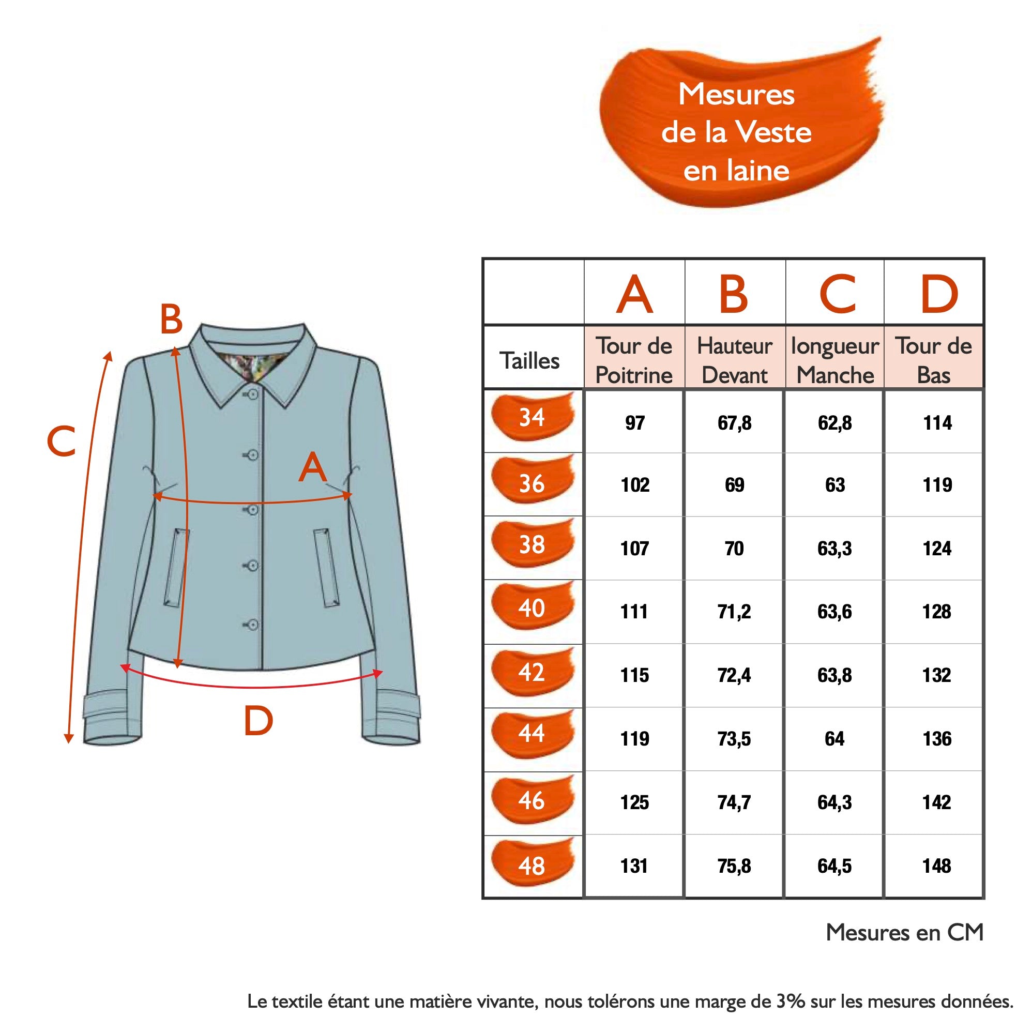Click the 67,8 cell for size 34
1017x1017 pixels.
coord(734,423)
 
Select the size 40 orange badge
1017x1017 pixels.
coord(532,609)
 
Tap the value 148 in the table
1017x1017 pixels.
coord(937,866)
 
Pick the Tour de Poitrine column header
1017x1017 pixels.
coord(634,360)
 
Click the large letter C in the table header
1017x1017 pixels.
coord(838,294)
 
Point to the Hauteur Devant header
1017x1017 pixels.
coord(734,360)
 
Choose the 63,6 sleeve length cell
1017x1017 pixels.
coord(835,612)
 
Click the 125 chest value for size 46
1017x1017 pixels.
coord(634,802)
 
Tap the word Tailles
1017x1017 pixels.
coord(529,361)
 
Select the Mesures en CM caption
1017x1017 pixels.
coord(904,932)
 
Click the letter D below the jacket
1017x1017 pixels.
coord(258,721)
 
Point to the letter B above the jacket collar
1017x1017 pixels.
coord(171,320)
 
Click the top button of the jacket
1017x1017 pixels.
coord(253,394)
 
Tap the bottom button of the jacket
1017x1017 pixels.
coord(253,625)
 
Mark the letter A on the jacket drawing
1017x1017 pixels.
coord(313,468)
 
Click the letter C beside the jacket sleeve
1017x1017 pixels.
coord(61,441)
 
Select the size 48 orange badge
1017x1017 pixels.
coord(532,866)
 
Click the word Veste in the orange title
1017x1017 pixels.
coord(773,132)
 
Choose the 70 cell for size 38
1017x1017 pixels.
coord(734,549)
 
